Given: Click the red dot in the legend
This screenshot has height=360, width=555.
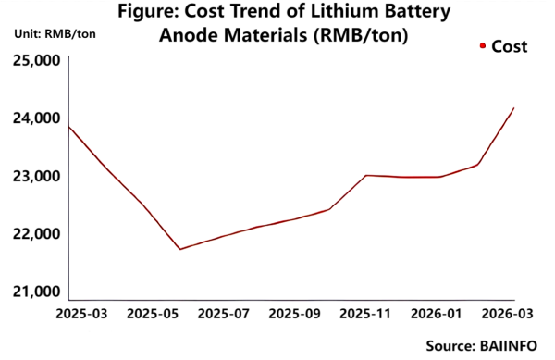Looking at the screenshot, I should pos(482,45).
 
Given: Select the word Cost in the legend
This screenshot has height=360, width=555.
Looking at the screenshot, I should pos(509,46).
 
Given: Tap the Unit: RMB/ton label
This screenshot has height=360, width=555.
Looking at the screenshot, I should pos(55,34).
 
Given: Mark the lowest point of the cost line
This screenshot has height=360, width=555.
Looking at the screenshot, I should pos(179,249).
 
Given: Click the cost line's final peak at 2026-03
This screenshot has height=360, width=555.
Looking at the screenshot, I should pos(514,108).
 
